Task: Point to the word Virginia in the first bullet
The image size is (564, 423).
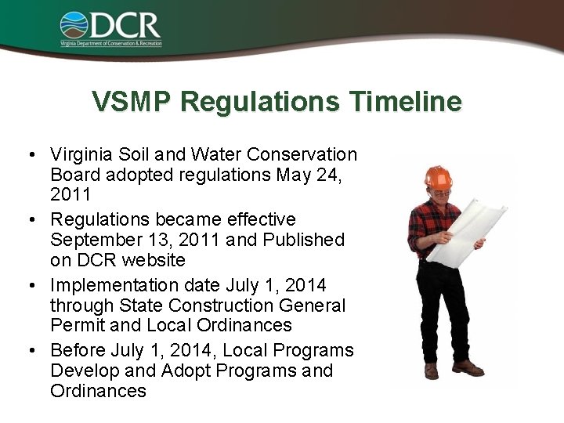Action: (x=78, y=154)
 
